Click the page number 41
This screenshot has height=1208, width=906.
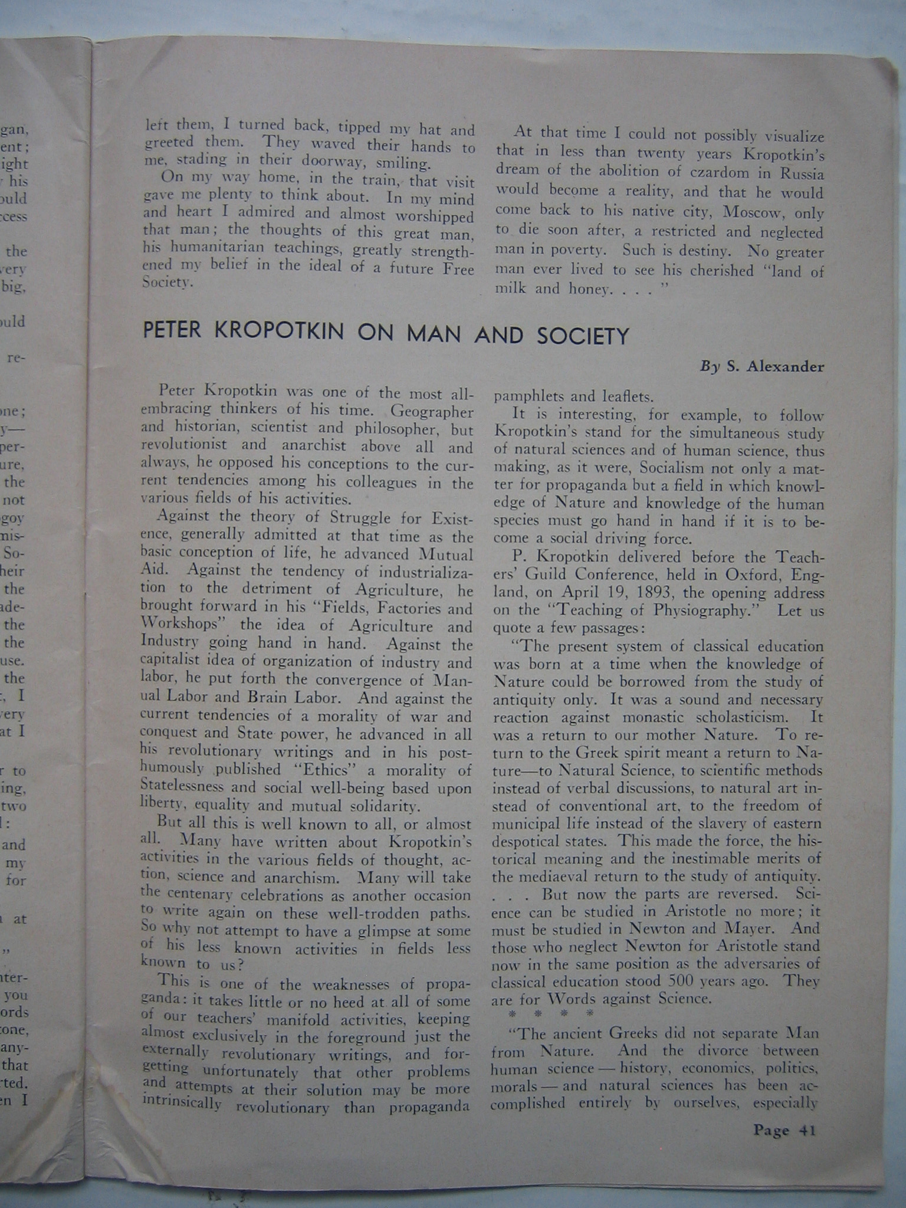[x=806, y=1130]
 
